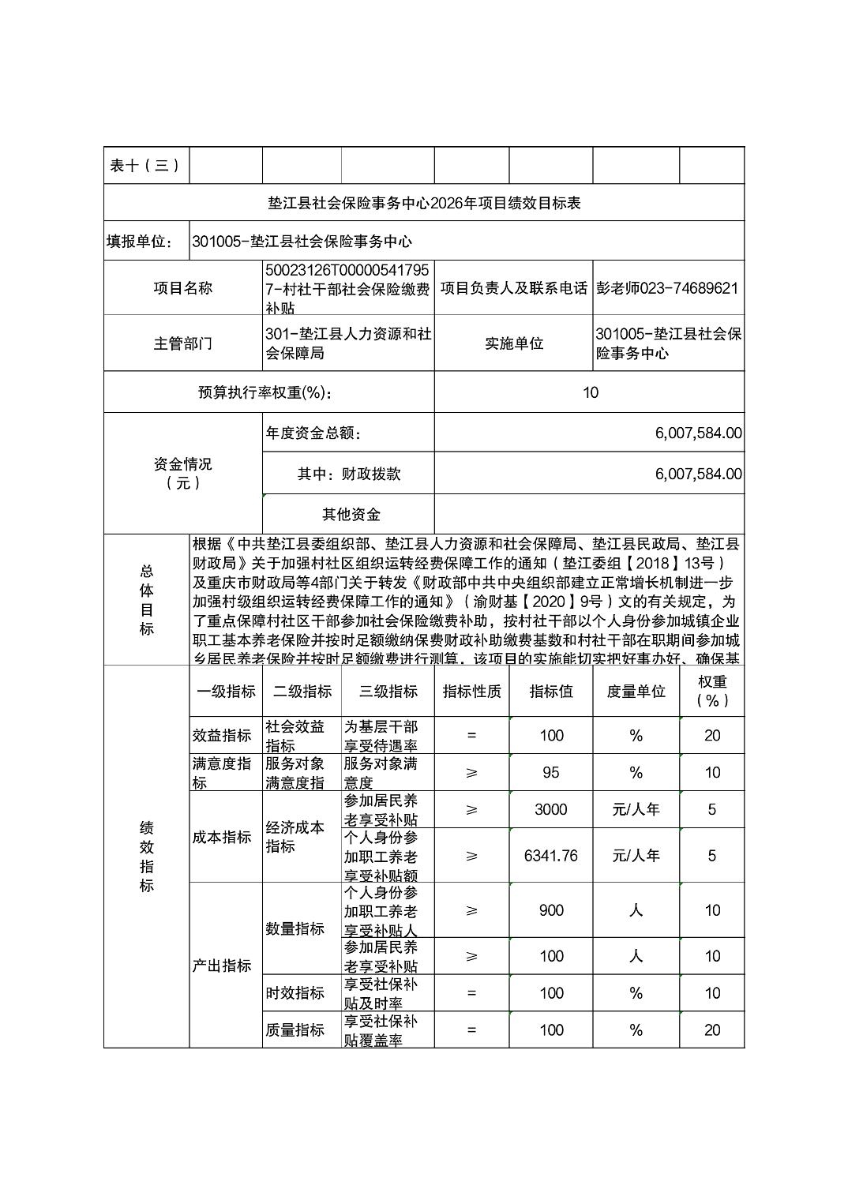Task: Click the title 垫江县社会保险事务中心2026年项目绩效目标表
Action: (424, 203)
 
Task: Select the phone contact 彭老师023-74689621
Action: (667, 288)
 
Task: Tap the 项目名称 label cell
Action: (182, 288)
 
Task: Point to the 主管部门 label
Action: (182, 343)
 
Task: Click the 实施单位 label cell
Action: (513, 343)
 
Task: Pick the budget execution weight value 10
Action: (590, 392)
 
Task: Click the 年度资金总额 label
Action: (313, 433)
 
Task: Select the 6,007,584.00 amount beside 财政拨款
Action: (698, 474)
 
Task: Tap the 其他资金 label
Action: (351, 515)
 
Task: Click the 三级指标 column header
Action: (388, 692)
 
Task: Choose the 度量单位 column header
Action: (636, 692)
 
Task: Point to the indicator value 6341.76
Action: (550, 856)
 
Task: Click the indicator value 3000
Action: (550, 809)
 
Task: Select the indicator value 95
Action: (550, 773)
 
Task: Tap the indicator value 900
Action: (550, 910)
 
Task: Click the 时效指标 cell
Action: (295, 993)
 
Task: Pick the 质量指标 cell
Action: (295, 1030)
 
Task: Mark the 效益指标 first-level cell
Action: (221, 736)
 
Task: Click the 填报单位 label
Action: (139, 242)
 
